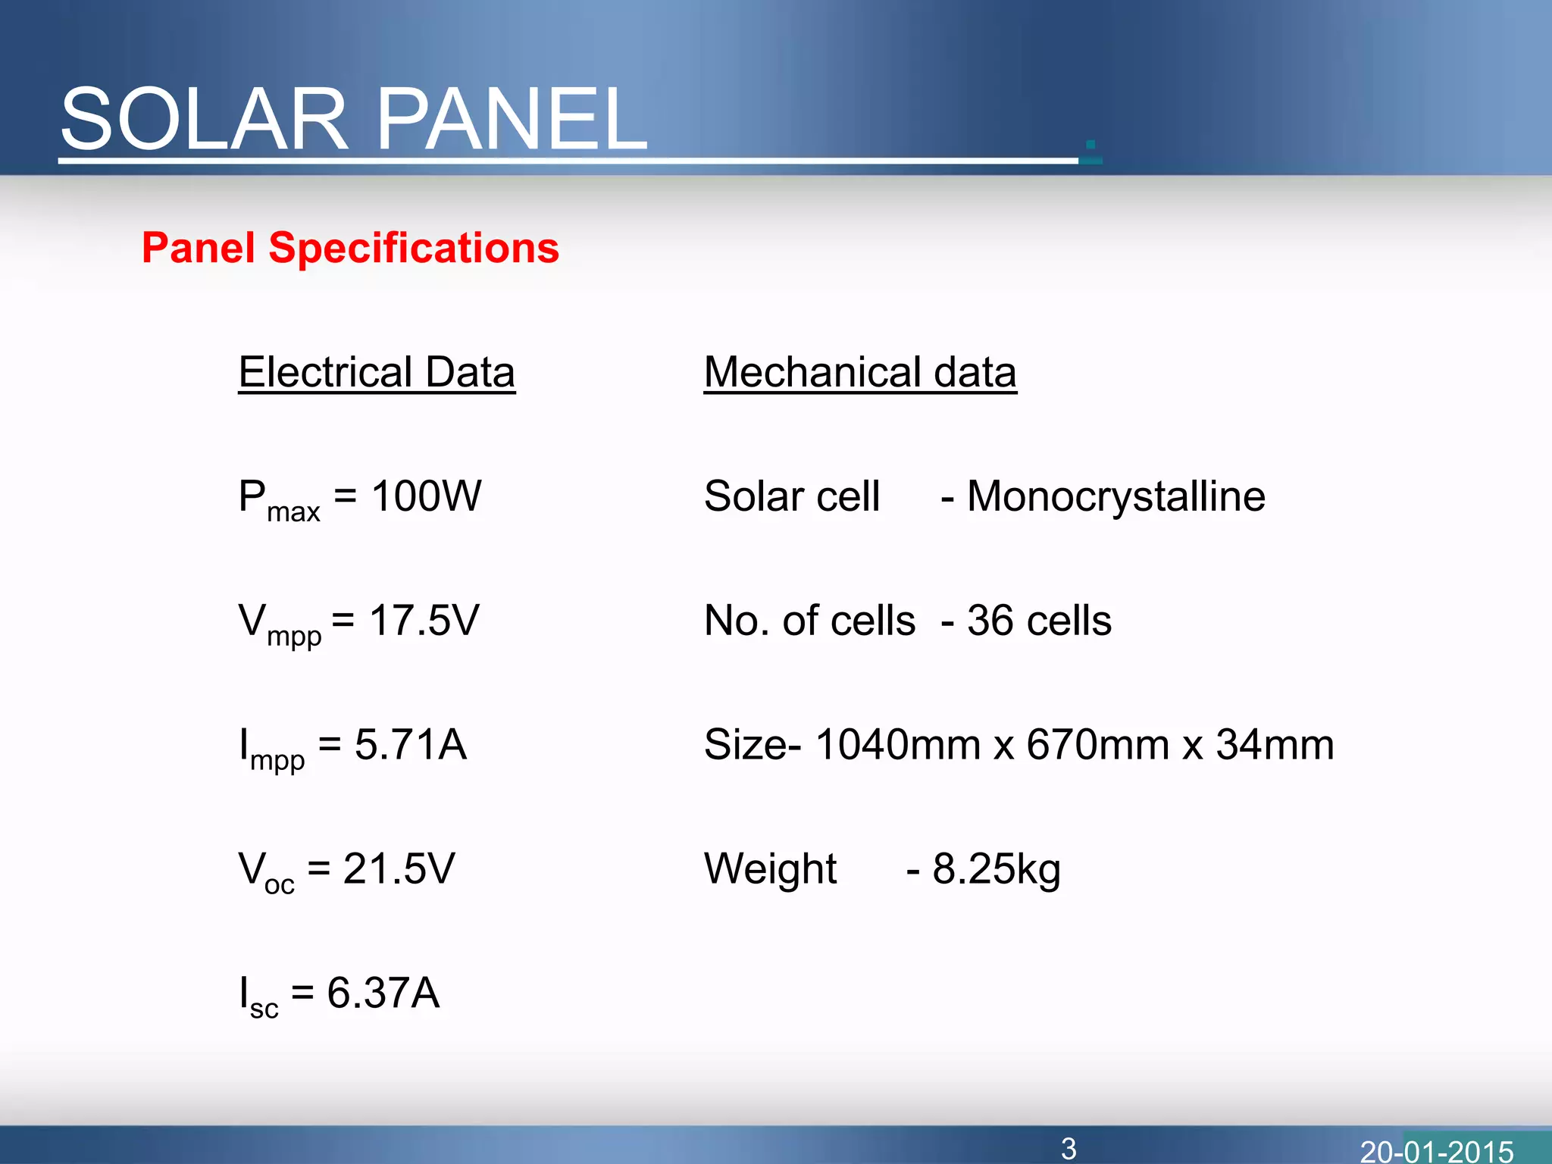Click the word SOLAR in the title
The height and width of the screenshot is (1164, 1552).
[x=203, y=119]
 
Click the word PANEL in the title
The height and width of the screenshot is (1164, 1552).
[x=512, y=119]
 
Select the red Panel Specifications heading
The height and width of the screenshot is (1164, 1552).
[x=350, y=248]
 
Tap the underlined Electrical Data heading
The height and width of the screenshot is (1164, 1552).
[x=377, y=372]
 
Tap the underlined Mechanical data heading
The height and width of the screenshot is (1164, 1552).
[x=859, y=372]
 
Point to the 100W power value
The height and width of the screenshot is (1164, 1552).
[x=426, y=496]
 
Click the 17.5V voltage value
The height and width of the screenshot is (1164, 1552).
[x=424, y=621]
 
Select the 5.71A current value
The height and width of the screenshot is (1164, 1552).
[x=410, y=744]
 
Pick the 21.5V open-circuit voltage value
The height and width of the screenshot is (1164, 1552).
[x=399, y=868]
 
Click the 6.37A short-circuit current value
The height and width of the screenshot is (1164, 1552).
[x=383, y=993]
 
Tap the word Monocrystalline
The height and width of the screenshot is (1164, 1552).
[x=1115, y=496]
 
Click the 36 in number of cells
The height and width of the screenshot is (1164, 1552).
[x=990, y=621]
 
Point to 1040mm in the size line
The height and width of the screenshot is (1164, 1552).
[x=897, y=744]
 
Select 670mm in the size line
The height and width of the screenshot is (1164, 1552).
[x=1097, y=744]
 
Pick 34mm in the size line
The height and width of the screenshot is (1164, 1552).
[x=1275, y=744]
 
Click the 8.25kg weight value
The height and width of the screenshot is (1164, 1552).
[x=996, y=868]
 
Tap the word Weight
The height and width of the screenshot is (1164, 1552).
[x=770, y=868]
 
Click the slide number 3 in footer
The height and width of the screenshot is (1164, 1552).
[x=1069, y=1149]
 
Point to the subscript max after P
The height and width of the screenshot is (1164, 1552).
[x=293, y=512]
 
